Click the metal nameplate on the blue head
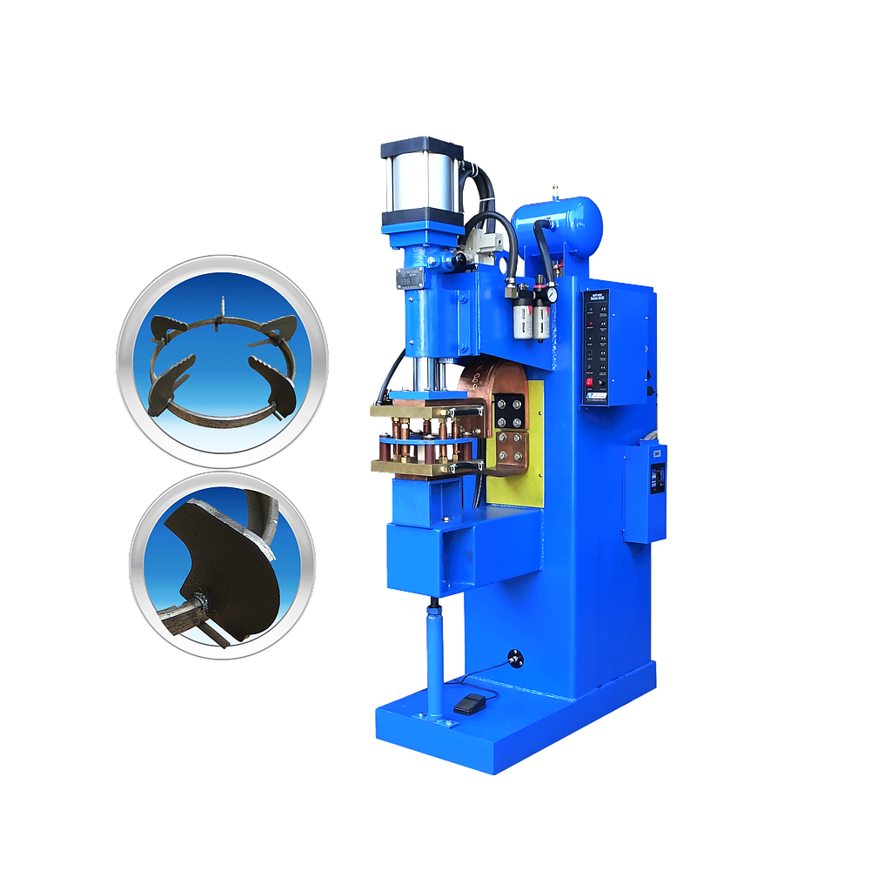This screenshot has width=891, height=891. pyautogui.click(x=406, y=278)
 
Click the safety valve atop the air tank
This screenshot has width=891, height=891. pyautogui.click(x=553, y=191)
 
